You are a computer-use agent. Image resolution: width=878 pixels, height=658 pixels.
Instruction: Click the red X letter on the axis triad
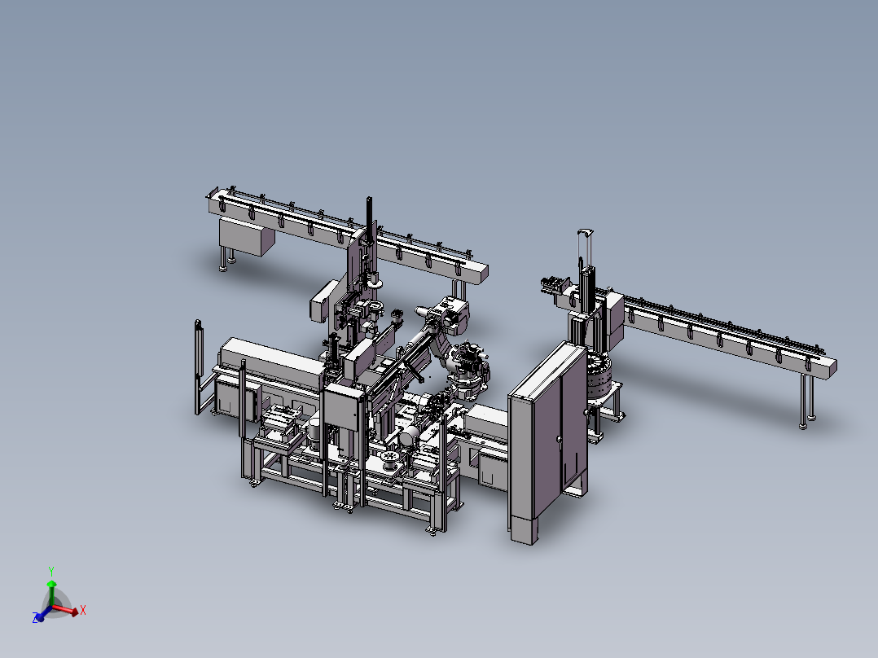click(83, 609)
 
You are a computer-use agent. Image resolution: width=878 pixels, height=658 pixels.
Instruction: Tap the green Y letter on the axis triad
click(50, 570)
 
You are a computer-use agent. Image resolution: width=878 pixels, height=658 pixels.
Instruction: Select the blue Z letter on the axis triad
click(37, 619)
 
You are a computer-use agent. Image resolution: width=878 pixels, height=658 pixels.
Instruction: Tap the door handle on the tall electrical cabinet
click(559, 441)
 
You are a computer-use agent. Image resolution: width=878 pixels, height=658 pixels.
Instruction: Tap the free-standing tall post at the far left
click(198, 366)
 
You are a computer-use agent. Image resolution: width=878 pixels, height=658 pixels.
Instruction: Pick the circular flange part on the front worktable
click(389, 461)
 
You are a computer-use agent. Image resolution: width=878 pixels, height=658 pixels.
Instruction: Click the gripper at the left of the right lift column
click(554, 284)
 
